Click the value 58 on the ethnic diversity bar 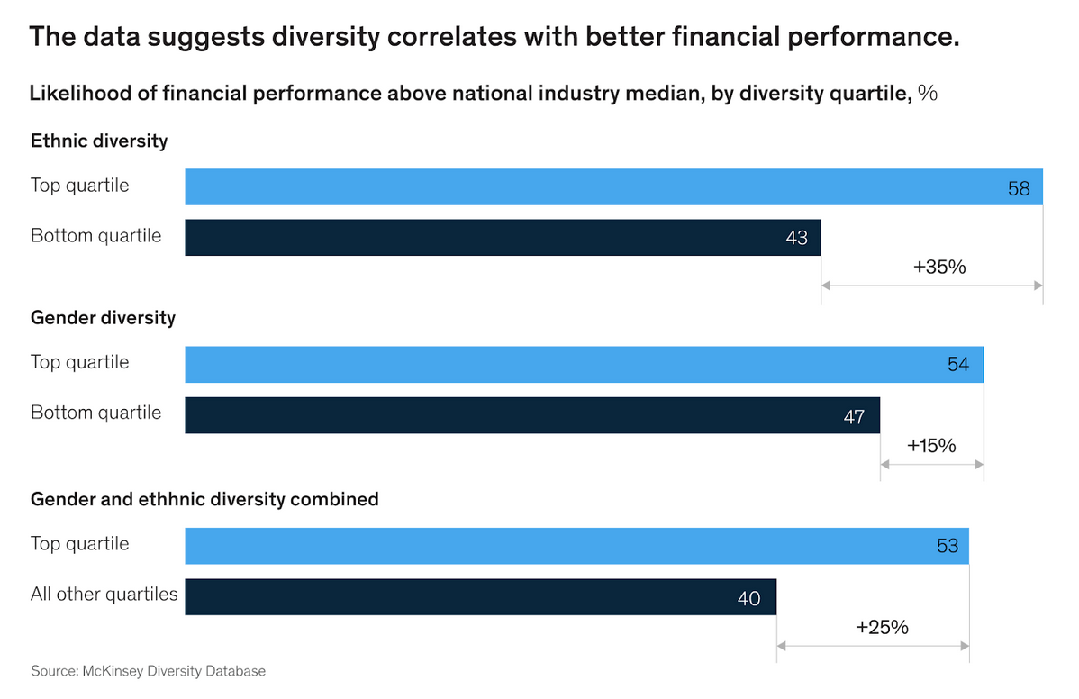1019,189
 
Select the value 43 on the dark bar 796,240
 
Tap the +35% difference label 939,267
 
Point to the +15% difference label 931,445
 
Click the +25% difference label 882,627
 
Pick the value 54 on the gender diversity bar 958,365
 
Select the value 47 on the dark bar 854,417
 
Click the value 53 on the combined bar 947,546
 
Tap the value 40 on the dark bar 749,598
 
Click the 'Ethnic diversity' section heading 99,141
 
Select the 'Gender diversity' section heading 103,318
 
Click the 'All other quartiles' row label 104,595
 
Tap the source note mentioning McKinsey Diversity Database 149,671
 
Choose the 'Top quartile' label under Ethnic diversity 80,186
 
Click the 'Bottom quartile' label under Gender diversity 96,413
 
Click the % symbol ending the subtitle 928,93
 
